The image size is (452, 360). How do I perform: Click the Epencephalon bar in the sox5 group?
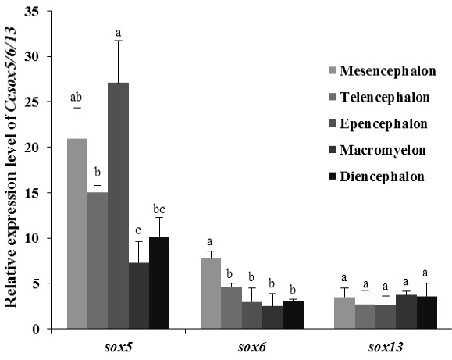coord(118,205)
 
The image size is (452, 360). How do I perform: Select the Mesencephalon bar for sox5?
coord(77,233)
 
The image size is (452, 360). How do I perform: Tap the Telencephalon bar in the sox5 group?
coord(98,261)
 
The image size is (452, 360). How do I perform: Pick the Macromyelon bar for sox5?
coord(139,296)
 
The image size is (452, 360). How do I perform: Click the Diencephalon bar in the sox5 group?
coord(159,283)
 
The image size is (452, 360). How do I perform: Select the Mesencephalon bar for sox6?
coord(211,293)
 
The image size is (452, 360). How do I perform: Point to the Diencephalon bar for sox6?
coord(293,315)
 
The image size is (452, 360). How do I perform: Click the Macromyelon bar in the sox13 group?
coord(406,312)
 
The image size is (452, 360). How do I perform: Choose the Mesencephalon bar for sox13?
coord(344,312)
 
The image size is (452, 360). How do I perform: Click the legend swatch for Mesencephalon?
coord(333,70)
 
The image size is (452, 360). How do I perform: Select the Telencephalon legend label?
coord(385,97)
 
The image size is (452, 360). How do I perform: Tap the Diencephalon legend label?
coord(383,176)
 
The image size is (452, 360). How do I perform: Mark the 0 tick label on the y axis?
coord(36,329)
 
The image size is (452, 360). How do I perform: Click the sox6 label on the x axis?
coord(251,348)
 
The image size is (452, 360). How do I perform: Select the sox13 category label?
coord(386,348)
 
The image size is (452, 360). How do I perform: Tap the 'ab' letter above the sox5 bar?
coord(76,97)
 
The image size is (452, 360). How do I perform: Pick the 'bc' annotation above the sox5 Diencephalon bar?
coord(159,209)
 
